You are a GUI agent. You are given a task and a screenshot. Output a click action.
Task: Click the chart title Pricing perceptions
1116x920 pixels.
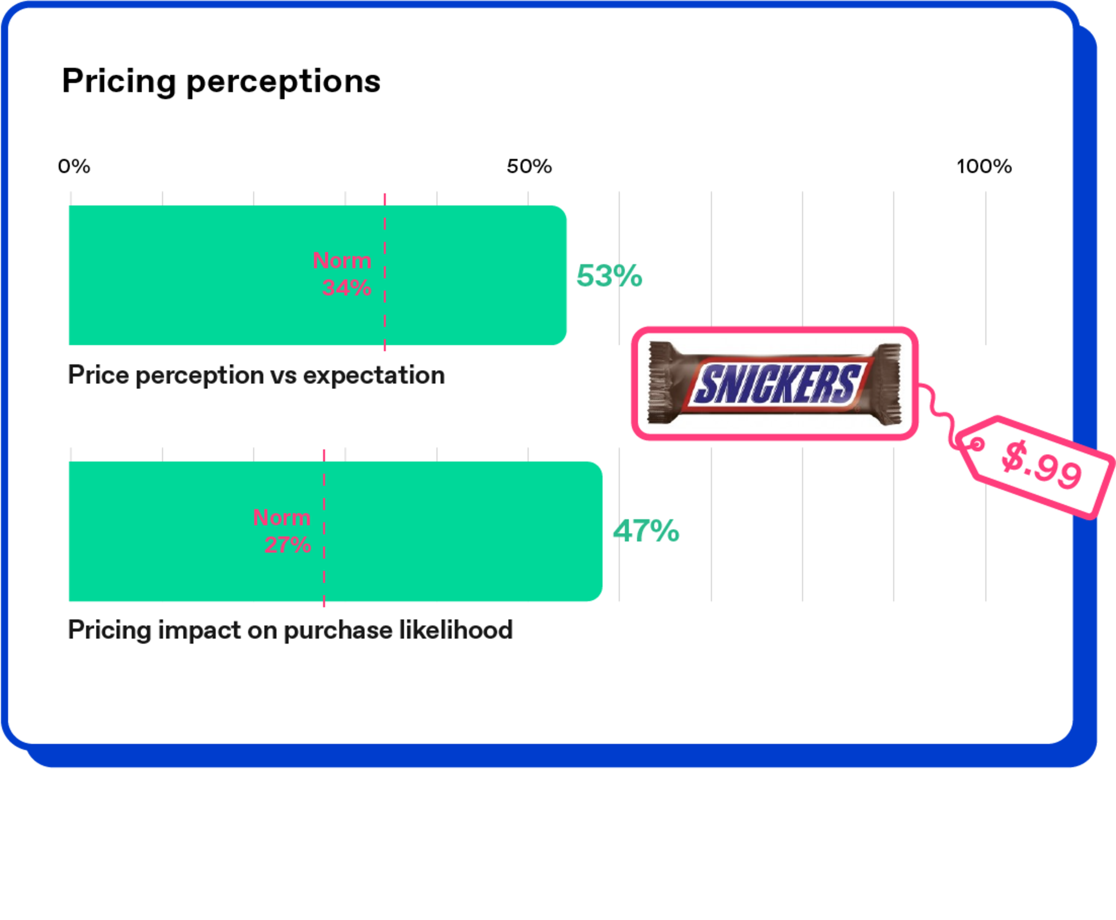pos(221,82)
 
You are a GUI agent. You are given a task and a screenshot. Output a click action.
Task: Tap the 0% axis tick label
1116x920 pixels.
pos(74,166)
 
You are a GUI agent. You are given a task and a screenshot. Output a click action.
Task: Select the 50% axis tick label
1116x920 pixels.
pos(529,166)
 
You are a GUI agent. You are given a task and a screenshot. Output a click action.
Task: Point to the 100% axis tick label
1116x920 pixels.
pos(984,166)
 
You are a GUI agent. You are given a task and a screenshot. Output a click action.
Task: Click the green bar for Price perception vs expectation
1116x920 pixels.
pos(318,275)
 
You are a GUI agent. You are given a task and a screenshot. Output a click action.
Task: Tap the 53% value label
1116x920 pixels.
pos(609,276)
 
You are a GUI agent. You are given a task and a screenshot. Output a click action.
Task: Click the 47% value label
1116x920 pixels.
pos(646,531)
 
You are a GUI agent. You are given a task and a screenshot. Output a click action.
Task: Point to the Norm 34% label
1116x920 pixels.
pos(342,274)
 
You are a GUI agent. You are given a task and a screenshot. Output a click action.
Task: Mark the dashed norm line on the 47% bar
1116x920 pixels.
pos(324,528)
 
